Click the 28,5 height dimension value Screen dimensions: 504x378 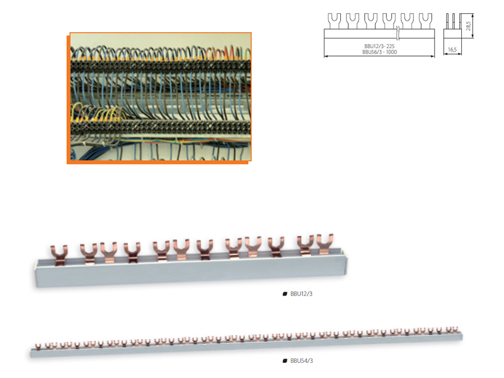point(468,26)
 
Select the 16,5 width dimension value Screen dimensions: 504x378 point(452,50)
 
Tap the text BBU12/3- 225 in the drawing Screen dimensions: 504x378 point(379,46)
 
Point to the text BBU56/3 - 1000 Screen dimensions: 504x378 point(379,52)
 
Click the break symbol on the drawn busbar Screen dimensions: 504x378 point(398,33)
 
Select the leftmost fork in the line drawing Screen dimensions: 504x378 point(334,21)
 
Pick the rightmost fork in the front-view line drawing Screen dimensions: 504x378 point(426,21)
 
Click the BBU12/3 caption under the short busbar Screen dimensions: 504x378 point(301,294)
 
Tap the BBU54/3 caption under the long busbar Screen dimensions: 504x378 point(302,360)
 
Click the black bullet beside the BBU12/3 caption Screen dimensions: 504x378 point(285,294)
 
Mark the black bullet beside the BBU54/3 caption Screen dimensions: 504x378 point(285,360)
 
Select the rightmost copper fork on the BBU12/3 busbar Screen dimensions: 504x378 point(325,244)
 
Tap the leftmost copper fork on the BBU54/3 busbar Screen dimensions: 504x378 point(38,346)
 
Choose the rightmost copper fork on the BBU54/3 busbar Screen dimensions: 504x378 point(454,329)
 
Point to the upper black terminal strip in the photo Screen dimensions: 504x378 point(161,66)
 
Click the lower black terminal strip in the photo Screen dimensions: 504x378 point(161,127)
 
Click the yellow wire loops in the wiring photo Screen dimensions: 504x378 point(96,113)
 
